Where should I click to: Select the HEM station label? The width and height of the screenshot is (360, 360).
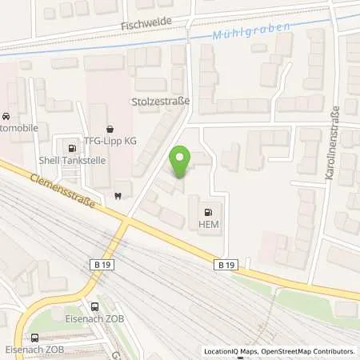click(209, 226)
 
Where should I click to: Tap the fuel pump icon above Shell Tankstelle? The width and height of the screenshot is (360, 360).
click(72, 147)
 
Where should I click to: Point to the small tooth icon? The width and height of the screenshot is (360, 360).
click(118, 195)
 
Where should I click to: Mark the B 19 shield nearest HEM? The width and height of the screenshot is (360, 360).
click(226, 263)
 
